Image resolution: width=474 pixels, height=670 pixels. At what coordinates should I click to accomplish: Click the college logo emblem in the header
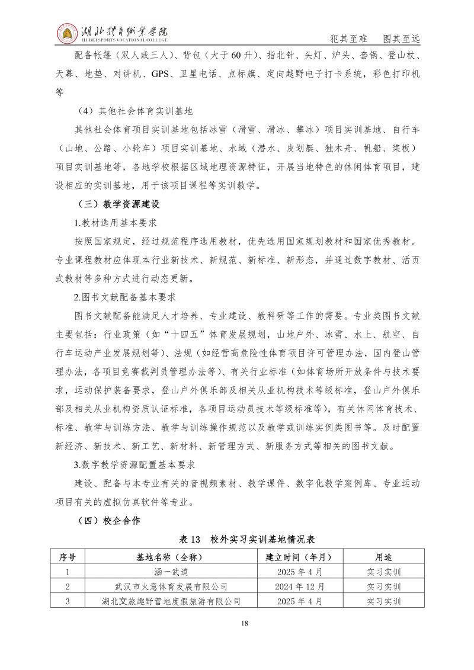click(67, 35)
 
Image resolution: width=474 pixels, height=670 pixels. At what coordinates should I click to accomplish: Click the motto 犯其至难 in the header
click(348, 39)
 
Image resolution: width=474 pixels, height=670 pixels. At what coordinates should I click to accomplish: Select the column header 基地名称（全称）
click(171, 557)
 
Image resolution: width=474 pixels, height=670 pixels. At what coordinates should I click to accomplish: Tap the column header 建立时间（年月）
click(300, 557)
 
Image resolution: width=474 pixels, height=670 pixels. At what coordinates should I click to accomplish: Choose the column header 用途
click(383, 557)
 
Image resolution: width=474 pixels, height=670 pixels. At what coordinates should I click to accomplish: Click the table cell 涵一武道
click(171, 572)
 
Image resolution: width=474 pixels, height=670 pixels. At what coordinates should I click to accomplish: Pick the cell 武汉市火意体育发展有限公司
click(171, 587)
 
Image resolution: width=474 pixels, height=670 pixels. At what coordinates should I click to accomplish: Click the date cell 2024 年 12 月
click(300, 587)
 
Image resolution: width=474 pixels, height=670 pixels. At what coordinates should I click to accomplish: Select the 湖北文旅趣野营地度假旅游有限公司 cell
click(171, 602)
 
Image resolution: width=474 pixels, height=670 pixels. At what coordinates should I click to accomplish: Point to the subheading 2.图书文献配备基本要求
click(124, 296)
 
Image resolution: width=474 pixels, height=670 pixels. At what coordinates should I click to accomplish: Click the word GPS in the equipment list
click(161, 74)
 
